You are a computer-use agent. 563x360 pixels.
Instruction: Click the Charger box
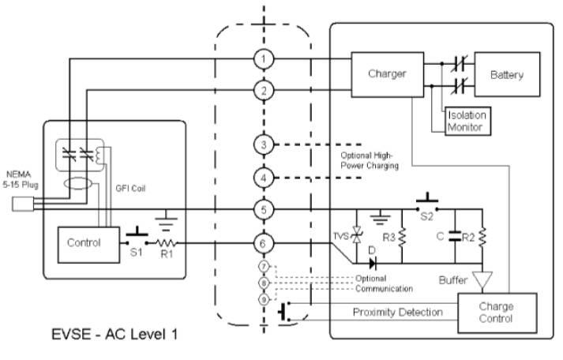tap(387, 74)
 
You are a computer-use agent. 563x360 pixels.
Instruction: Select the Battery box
tap(506, 75)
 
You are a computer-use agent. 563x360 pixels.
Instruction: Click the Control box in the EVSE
tap(84, 243)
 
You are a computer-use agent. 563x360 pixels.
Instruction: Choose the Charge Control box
tap(496, 313)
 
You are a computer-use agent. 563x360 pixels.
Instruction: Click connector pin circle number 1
tap(263, 59)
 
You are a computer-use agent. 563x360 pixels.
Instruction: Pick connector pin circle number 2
tap(263, 90)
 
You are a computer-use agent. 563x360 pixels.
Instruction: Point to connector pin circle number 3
tap(263, 145)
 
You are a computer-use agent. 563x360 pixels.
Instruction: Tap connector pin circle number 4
tap(263, 177)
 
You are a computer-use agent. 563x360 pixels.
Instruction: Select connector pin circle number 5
tap(263, 210)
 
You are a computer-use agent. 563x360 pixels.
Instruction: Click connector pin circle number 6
tap(263, 246)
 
